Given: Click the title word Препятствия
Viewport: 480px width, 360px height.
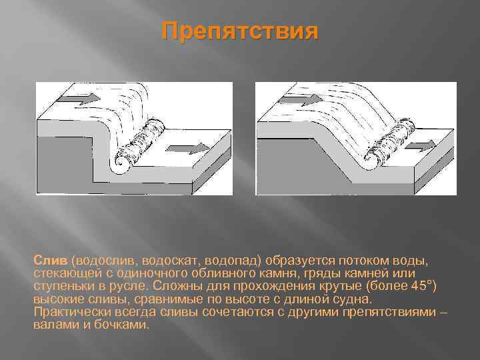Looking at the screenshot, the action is (x=240, y=31).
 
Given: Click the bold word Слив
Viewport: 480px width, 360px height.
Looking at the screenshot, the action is (x=50, y=261).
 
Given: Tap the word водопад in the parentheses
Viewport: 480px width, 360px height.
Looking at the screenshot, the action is (x=232, y=261).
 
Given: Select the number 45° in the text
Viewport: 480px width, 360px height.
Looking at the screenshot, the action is (x=423, y=285).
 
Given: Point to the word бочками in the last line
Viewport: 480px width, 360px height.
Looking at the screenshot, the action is (x=121, y=325).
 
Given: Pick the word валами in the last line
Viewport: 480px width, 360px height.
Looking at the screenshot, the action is (x=56, y=325).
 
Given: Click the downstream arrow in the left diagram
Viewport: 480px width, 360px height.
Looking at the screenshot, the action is (x=187, y=149).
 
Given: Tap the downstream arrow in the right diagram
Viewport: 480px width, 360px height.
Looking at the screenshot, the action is (x=421, y=146).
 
